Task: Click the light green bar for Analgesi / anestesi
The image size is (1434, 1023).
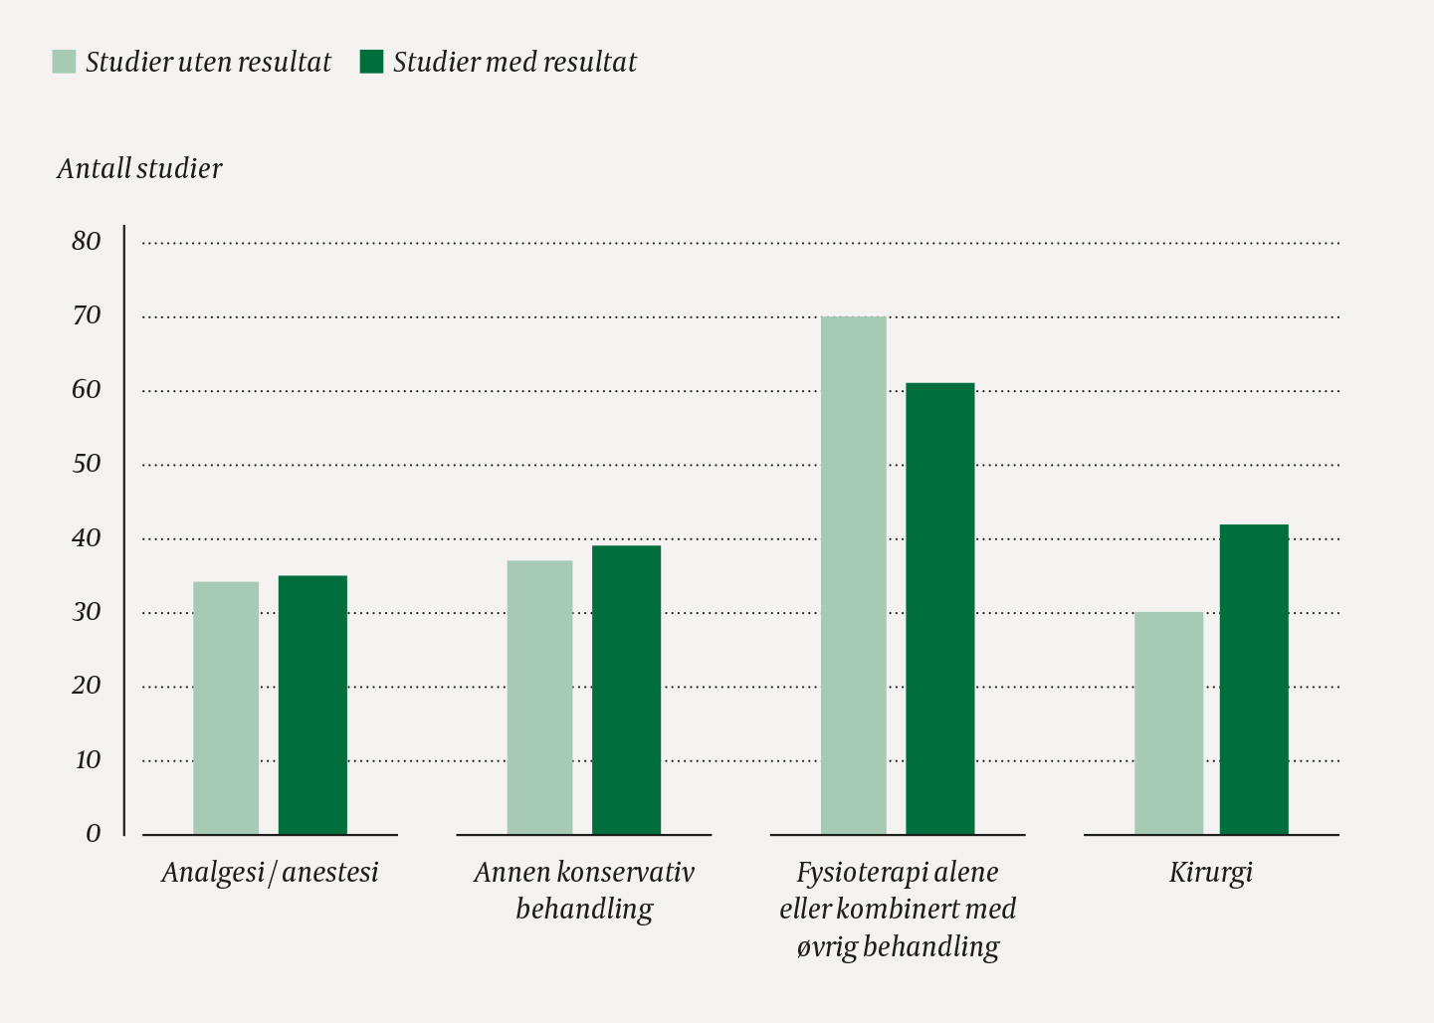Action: (226, 708)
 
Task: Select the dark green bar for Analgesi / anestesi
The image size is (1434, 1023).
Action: (312, 705)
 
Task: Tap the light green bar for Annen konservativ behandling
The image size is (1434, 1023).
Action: (539, 697)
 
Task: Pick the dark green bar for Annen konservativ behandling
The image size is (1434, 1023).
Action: (626, 690)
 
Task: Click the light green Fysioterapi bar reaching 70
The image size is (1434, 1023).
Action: (853, 575)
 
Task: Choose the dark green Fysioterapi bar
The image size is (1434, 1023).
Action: (939, 608)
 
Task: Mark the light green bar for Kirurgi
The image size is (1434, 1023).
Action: (1168, 722)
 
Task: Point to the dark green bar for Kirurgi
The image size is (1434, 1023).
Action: (1254, 679)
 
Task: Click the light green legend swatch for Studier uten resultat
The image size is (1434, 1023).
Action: (64, 62)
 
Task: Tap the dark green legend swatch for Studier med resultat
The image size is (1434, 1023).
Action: (371, 62)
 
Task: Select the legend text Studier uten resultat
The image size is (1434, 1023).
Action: (208, 62)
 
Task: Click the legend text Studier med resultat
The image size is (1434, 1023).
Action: (514, 62)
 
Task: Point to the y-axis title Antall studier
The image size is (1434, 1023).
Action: (139, 168)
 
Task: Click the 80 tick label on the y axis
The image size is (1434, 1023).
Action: (87, 241)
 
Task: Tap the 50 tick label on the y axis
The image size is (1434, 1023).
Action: (87, 464)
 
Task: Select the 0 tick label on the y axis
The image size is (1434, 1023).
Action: (93, 834)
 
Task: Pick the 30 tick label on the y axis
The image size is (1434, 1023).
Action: (87, 612)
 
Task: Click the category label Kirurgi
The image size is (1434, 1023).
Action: (1210, 873)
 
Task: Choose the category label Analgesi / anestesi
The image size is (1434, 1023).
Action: (270, 873)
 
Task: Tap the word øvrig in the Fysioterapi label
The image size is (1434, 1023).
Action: (826, 946)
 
